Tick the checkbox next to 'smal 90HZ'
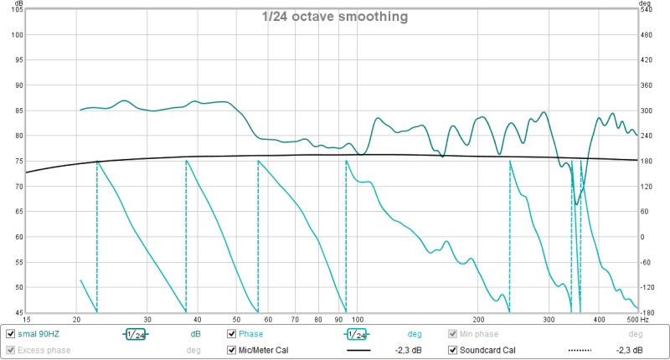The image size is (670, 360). [x=10, y=334]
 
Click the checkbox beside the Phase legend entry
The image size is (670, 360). [x=233, y=334]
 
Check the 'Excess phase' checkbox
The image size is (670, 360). [x=10, y=350]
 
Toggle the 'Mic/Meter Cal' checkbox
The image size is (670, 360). [x=233, y=350]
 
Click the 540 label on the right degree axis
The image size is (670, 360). [x=647, y=10]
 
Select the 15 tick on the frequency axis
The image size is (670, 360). [x=27, y=320]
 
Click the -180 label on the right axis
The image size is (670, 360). [x=647, y=312]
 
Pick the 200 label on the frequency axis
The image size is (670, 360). [x=479, y=320]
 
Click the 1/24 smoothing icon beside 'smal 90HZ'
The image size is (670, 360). [x=136, y=334]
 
